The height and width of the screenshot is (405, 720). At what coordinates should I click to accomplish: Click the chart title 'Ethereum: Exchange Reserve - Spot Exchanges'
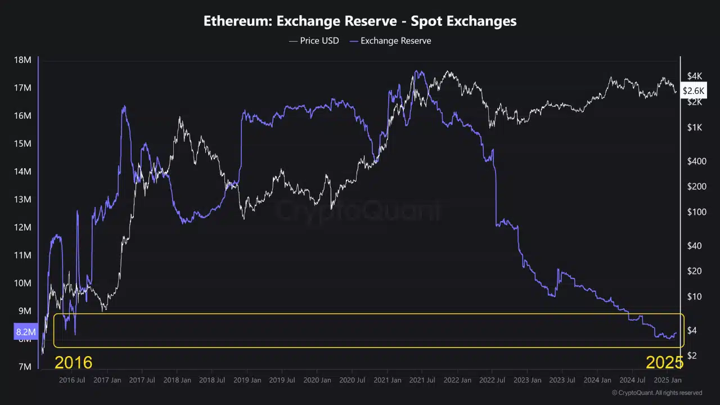(x=360, y=21)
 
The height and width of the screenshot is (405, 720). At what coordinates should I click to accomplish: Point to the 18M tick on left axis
(x=22, y=60)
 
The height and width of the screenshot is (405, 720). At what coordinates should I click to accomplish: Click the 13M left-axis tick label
(x=22, y=200)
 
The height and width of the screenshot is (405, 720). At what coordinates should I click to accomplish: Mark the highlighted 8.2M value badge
(x=25, y=332)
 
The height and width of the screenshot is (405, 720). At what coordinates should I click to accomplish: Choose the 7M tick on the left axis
(x=25, y=367)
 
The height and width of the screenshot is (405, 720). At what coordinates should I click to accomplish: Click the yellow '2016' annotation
(x=73, y=362)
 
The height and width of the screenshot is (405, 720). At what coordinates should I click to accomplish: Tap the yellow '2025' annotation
(x=664, y=362)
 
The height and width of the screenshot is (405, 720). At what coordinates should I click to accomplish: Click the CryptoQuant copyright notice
(x=656, y=393)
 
